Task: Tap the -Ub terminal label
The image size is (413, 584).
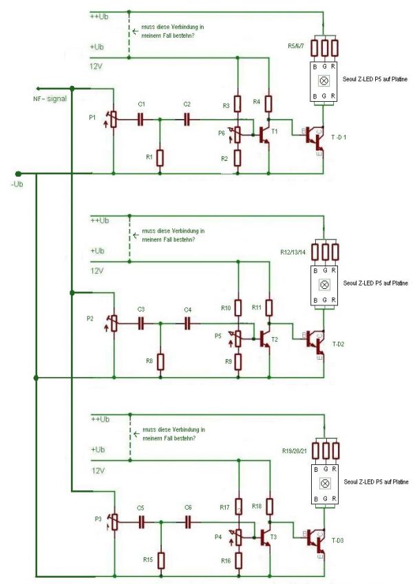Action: pos(19,185)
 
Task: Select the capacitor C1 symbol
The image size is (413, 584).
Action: pos(142,118)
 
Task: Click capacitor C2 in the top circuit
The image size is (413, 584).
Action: pos(187,118)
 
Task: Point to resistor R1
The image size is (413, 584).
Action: pos(160,158)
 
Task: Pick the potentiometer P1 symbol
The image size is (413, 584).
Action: pos(113,119)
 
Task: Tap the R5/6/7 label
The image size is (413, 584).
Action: pos(298,46)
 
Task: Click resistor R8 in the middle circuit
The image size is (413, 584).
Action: pos(160,361)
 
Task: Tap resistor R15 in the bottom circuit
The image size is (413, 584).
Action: pos(160,560)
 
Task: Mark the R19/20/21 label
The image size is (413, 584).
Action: pos(295,451)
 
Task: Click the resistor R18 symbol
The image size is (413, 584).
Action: pos(269,507)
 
